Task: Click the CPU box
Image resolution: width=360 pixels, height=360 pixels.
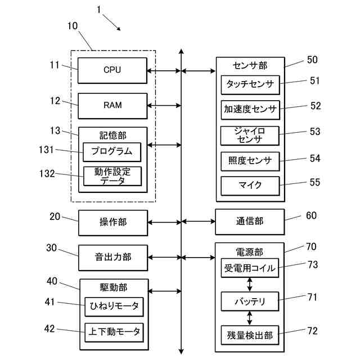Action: (x=112, y=70)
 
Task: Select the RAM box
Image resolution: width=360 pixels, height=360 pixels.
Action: (x=112, y=105)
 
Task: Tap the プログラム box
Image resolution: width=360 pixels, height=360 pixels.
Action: (x=112, y=151)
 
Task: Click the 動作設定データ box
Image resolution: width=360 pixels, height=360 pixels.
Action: (x=112, y=176)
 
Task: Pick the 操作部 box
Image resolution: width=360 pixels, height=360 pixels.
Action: (x=112, y=222)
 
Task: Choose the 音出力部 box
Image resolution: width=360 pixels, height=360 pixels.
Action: (x=112, y=257)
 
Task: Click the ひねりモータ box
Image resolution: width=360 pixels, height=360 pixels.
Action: (x=114, y=307)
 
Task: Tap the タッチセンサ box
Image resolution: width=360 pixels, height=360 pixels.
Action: (x=250, y=85)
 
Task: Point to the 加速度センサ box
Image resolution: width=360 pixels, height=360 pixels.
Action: (x=250, y=109)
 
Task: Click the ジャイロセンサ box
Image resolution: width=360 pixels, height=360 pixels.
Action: (x=250, y=135)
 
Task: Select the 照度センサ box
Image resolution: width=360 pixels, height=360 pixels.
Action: (x=250, y=161)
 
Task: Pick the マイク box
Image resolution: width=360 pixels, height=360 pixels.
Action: (x=250, y=185)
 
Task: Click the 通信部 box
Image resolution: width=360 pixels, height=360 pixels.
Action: (x=249, y=222)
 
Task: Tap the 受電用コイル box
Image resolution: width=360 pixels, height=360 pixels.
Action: (x=250, y=268)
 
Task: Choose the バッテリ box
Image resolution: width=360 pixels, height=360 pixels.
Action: (x=250, y=301)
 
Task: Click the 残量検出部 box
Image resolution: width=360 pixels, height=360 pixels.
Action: (x=250, y=335)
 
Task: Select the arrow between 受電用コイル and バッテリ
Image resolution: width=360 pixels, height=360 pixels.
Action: (x=250, y=285)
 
